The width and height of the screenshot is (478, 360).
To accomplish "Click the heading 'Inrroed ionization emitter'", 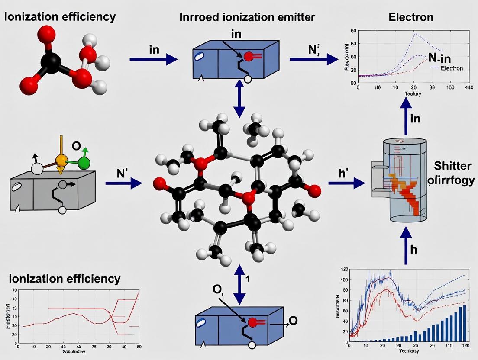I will (247, 17).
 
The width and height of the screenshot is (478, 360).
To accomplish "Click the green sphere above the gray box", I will (84, 163).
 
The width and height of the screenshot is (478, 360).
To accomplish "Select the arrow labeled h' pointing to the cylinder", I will (346, 184).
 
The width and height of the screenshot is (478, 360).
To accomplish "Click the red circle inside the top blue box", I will (248, 56).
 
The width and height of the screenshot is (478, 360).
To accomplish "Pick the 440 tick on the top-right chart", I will (468, 88).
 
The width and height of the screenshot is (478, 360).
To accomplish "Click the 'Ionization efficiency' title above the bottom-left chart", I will (65, 278).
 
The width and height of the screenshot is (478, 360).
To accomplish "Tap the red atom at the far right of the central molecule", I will (315, 190).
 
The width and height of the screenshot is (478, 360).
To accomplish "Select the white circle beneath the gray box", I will (62, 210).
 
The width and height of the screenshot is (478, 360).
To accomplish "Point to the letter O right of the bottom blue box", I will (293, 321).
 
